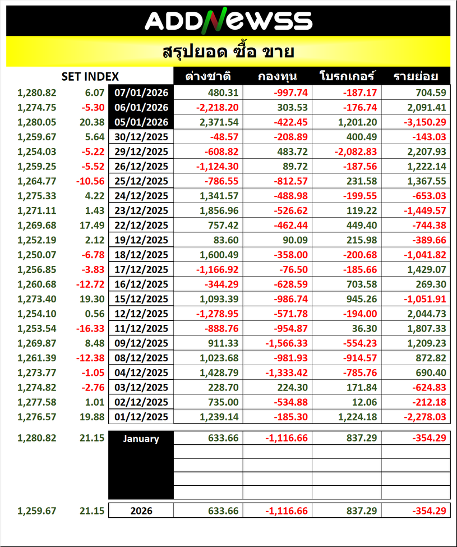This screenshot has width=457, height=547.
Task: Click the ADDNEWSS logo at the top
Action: pos(228,21)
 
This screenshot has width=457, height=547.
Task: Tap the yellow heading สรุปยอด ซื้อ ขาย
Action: pos(228,52)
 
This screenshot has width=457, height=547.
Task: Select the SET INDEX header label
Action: pos(90,77)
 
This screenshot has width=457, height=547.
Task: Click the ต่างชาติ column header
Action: pos(208,77)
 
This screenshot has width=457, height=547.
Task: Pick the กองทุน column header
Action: pos(277,77)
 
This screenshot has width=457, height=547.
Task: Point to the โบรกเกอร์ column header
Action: pos(347,77)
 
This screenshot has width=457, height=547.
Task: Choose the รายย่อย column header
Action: pos(416,77)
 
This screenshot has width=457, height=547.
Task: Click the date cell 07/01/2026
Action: pos(141,93)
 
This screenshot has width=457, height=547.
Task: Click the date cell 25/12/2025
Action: pos(141,181)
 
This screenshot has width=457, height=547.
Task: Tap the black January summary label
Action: pos(141,439)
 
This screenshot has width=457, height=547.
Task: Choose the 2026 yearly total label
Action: pos(141,511)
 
